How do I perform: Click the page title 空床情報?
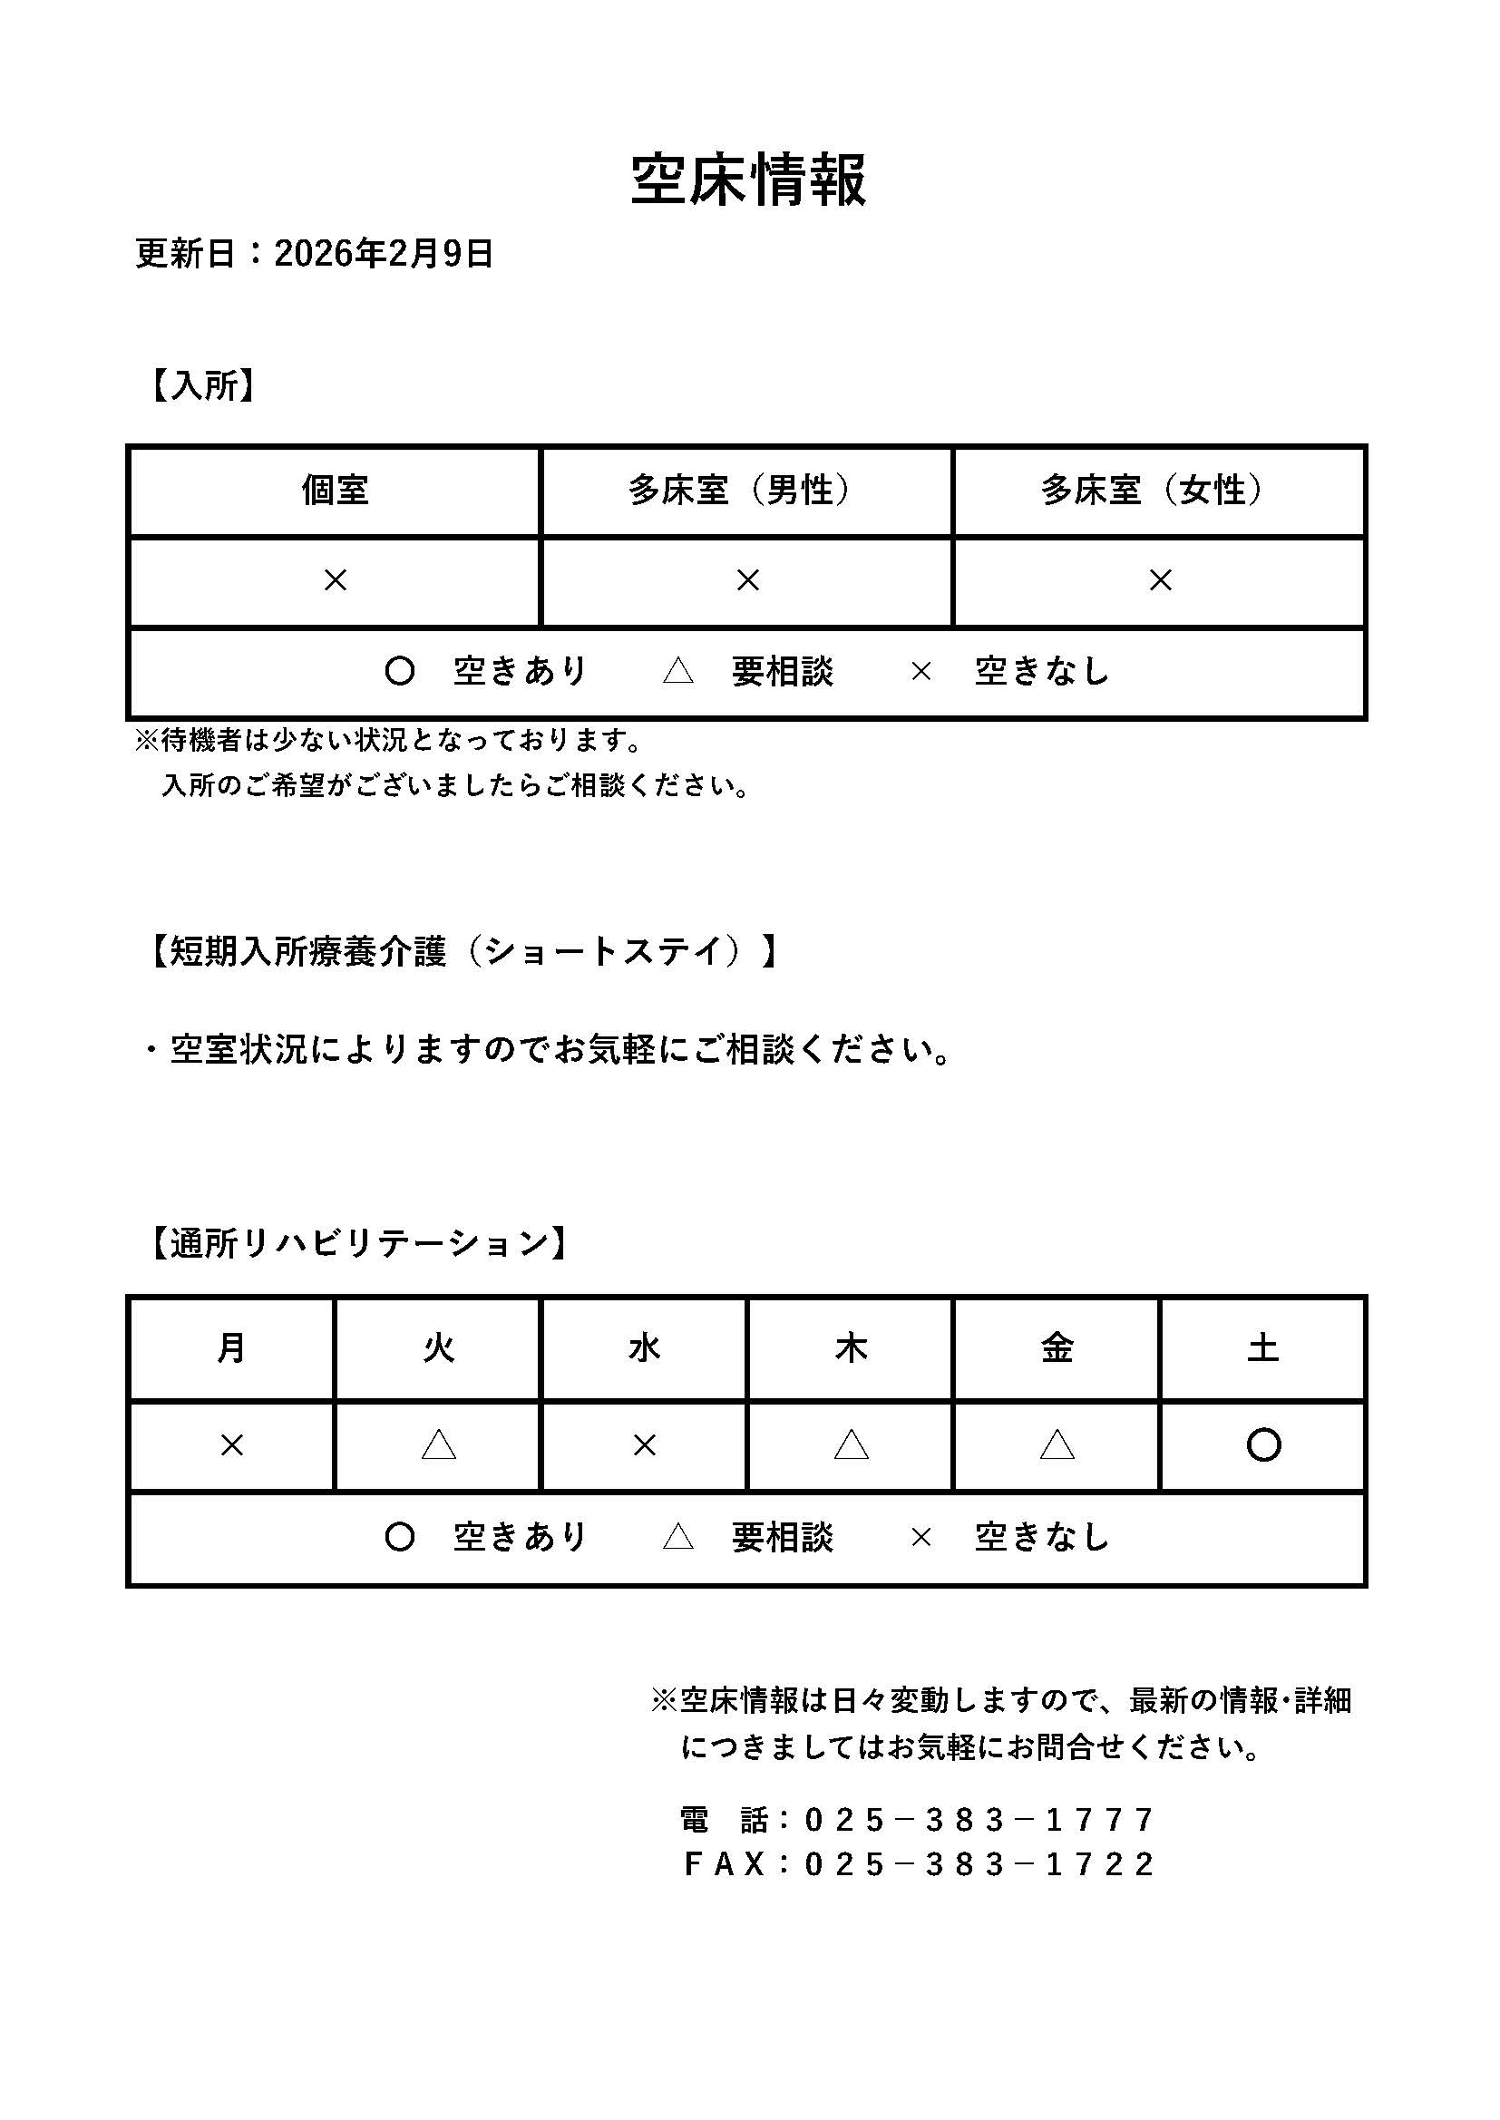[748, 180]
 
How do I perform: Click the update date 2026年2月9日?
[384, 253]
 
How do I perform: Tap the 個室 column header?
[335, 491]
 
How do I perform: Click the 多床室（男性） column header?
[746, 491]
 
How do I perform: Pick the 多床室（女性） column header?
[1159, 491]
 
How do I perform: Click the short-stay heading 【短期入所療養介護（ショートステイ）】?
[462, 951]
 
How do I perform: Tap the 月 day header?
[231, 1349]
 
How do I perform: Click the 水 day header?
[644, 1349]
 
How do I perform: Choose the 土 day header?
[1262, 1349]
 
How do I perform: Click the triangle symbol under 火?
[439, 1445]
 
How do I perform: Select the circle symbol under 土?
[1262, 1445]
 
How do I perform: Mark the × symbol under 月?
[232, 1446]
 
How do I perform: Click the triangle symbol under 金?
[1057, 1445]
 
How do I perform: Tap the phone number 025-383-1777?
[979, 1820]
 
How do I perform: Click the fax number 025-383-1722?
[979, 1864]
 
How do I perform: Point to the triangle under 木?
[851, 1445]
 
